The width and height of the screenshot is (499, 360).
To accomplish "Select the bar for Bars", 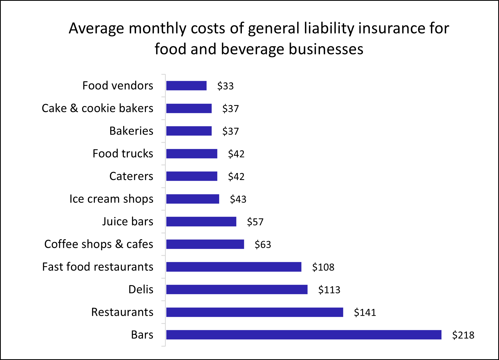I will point(303,335).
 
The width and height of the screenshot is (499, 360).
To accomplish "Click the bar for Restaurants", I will point(254,312).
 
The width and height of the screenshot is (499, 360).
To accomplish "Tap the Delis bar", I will point(237,290).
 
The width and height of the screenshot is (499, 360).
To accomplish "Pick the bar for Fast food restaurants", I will point(234,267).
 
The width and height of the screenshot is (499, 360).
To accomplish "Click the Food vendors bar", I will point(186,86).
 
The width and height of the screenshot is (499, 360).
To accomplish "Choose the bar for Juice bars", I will point(201,222).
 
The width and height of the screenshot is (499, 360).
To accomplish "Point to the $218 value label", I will point(463,335).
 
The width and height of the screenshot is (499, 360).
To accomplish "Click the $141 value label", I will point(365,312).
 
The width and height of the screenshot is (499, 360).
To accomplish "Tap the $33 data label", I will point(225,86).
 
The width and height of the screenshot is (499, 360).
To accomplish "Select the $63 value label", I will point(263,245).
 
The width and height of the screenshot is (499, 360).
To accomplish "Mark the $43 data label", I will point(238,199).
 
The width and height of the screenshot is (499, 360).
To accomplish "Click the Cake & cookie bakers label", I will point(97,108).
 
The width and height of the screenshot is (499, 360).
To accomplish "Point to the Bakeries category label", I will point(131,131).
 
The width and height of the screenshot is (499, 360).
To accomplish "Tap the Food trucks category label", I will point(123,154).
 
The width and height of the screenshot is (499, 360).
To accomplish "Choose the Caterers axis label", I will point(131,176).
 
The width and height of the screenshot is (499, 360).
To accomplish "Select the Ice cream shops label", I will point(111,199).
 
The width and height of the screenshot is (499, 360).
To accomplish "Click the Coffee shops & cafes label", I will point(99,244).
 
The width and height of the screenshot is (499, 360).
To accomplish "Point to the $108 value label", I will point(323,267).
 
